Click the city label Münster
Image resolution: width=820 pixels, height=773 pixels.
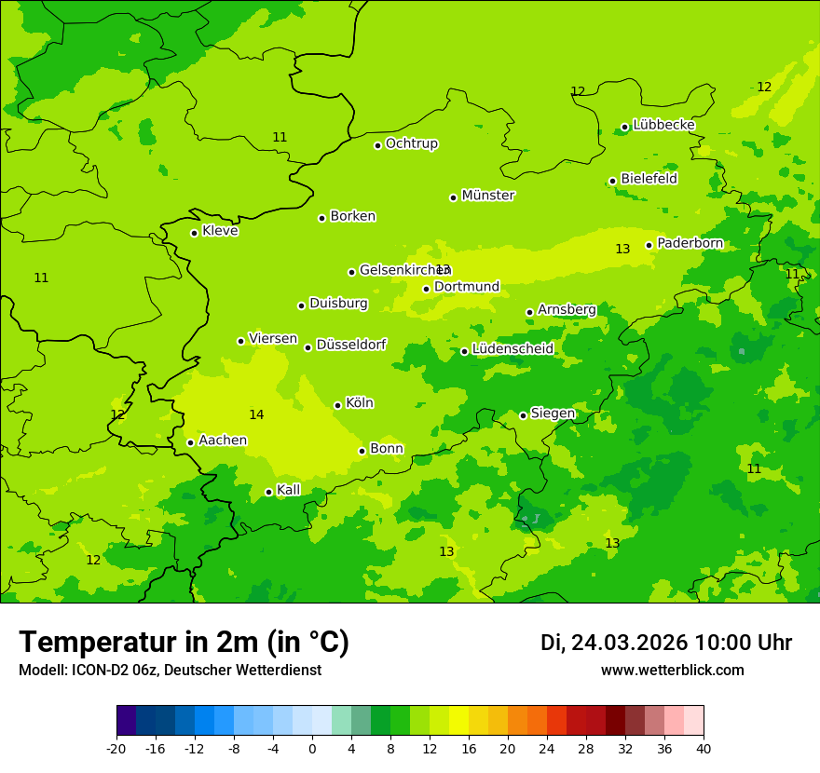click(x=488, y=196)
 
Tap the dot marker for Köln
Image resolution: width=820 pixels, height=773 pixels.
click(x=337, y=405)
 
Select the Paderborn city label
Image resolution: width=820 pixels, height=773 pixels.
click(x=690, y=243)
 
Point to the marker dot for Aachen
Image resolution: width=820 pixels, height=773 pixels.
click(x=190, y=442)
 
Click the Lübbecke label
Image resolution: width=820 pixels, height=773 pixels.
click(x=663, y=125)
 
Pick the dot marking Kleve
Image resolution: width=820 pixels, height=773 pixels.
click(x=194, y=233)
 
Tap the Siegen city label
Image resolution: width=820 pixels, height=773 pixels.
click(x=553, y=414)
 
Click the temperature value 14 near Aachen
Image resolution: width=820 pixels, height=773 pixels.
click(x=256, y=414)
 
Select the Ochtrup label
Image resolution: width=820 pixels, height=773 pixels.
click(x=411, y=143)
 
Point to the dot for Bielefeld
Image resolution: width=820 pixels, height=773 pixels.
click(x=612, y=181)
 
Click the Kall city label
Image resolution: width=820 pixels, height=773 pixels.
click(x=289, y=490)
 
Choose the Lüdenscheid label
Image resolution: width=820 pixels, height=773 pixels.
click(x=512, y=349)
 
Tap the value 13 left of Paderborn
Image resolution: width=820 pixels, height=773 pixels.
click(x=622, y=249)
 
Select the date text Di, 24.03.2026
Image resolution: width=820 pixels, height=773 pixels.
click(x=613, y=643)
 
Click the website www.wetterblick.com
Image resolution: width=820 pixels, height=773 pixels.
click(x=672, y=671)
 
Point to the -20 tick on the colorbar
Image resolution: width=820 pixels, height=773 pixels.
click(x=116, y=748)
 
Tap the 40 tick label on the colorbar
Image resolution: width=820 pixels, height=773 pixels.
click(x=704, y=748)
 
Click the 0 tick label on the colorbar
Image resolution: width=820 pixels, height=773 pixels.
click(x=312, y=748)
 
